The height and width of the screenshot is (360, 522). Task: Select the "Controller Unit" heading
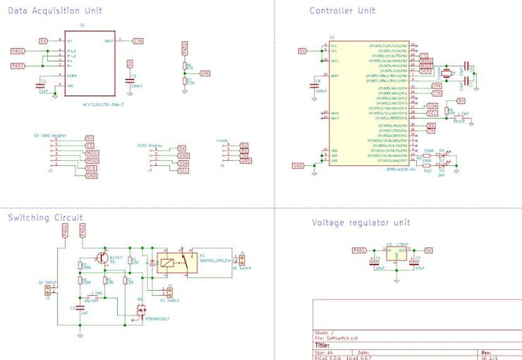pos(342,11)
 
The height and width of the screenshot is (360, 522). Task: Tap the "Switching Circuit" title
pos(45,217)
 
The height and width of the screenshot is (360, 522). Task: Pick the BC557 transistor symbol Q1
pos(104,259)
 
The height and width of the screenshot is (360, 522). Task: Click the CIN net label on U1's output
pos(138,41)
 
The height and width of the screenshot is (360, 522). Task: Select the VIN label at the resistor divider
pos(205,73)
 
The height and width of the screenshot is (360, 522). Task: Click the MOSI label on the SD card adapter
pos(91,152)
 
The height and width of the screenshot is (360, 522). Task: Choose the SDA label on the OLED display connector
pos(183,162)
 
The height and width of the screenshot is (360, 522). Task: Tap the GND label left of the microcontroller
pos(298,165)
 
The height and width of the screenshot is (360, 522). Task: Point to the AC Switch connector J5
pos(242,259)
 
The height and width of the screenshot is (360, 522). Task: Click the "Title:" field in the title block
pos(322,345)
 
